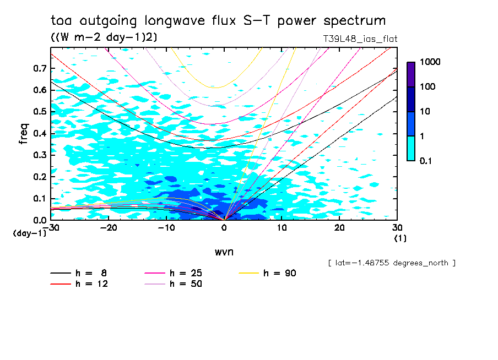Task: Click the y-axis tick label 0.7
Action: pos(40,68)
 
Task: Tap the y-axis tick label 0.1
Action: pos(40,198)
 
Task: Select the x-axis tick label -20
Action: pos(109,228)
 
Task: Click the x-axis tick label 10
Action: pos(282,228)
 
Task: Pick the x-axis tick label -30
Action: pos(51,228)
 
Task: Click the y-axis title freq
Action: pos(23,134)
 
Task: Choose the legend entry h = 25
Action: pos(186,273)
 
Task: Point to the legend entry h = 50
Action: pos(186,284)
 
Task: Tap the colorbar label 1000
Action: pos(429,62)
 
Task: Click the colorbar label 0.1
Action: pos(426,161)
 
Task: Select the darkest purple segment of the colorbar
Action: pos(411,74)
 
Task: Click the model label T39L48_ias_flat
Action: pos(360,39)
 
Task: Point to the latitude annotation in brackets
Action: pos(392,263)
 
